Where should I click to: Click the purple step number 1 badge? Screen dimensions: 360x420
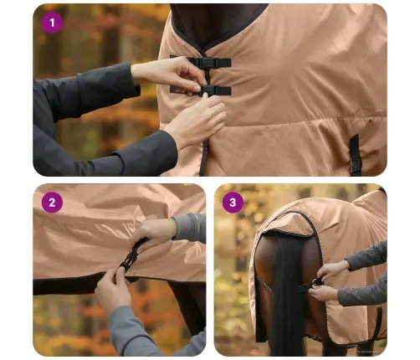tap(53, 23)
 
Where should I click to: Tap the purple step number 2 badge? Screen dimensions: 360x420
tap(53, 202)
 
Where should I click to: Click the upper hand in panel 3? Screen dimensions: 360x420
tap(335, 269)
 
